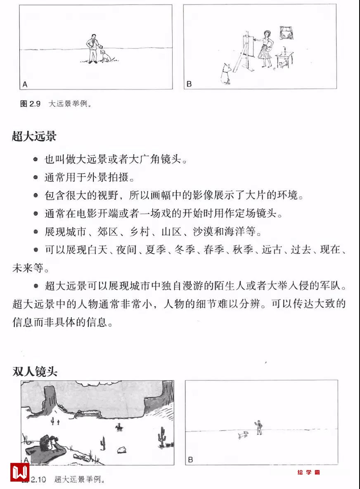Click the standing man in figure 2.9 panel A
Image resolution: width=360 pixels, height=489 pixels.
pos(92,48)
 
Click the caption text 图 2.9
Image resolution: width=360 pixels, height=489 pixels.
pos(30,104)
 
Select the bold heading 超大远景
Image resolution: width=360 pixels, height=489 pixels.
pos(34,137)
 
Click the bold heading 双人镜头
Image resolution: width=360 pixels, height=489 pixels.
pos(34,371)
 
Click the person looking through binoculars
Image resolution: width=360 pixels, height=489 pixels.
pos(45,444)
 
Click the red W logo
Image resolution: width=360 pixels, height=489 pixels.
pos(19,471)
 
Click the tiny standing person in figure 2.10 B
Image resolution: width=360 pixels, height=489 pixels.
pos(258,428)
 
